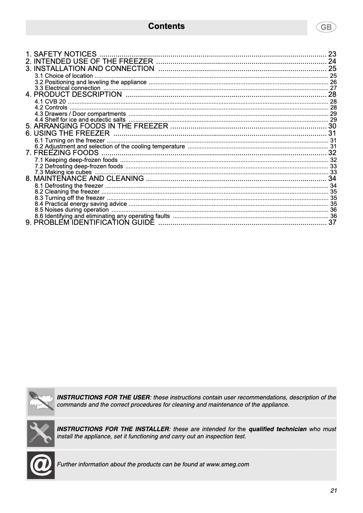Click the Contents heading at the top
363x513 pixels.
(166, 26)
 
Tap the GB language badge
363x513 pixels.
(325, 27)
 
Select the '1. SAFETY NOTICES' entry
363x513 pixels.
(61, 54)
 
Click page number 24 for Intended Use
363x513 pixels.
(332, 62)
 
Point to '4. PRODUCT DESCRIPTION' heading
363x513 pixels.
(74, 95)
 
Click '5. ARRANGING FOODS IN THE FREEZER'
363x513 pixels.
(97, 126)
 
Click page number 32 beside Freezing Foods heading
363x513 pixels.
(332, 153)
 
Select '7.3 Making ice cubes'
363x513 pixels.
(63, 172)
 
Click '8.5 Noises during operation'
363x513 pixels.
(72, 210)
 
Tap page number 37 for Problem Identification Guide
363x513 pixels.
(332, 223)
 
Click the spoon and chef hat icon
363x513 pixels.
(41, 402)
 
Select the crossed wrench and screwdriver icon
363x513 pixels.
(41, 433)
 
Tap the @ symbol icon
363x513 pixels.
(41, 465)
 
